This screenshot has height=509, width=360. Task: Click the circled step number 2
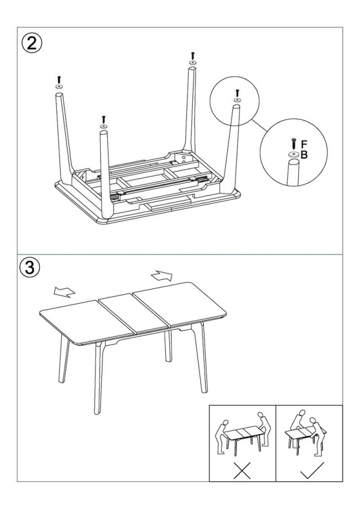[32, 43]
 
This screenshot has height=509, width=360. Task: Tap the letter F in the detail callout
[304, 144]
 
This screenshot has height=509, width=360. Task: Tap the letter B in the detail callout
[304, 155]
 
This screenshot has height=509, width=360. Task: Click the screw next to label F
[294, 144]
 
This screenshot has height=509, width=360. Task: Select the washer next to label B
[294, 154]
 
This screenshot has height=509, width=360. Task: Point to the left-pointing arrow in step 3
[64, 292]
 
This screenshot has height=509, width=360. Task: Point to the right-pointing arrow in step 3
[162, 276]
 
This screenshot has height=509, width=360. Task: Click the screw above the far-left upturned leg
[59, 80]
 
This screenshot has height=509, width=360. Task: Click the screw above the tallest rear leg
[192, 55]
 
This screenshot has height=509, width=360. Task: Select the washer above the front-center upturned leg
[104, 126]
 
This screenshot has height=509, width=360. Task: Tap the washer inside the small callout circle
[237, 100]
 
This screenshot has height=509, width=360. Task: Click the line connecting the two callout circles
[259, 125]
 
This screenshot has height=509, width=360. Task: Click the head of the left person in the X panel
[226, 422]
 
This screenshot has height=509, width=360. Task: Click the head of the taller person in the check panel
[302, 413]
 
